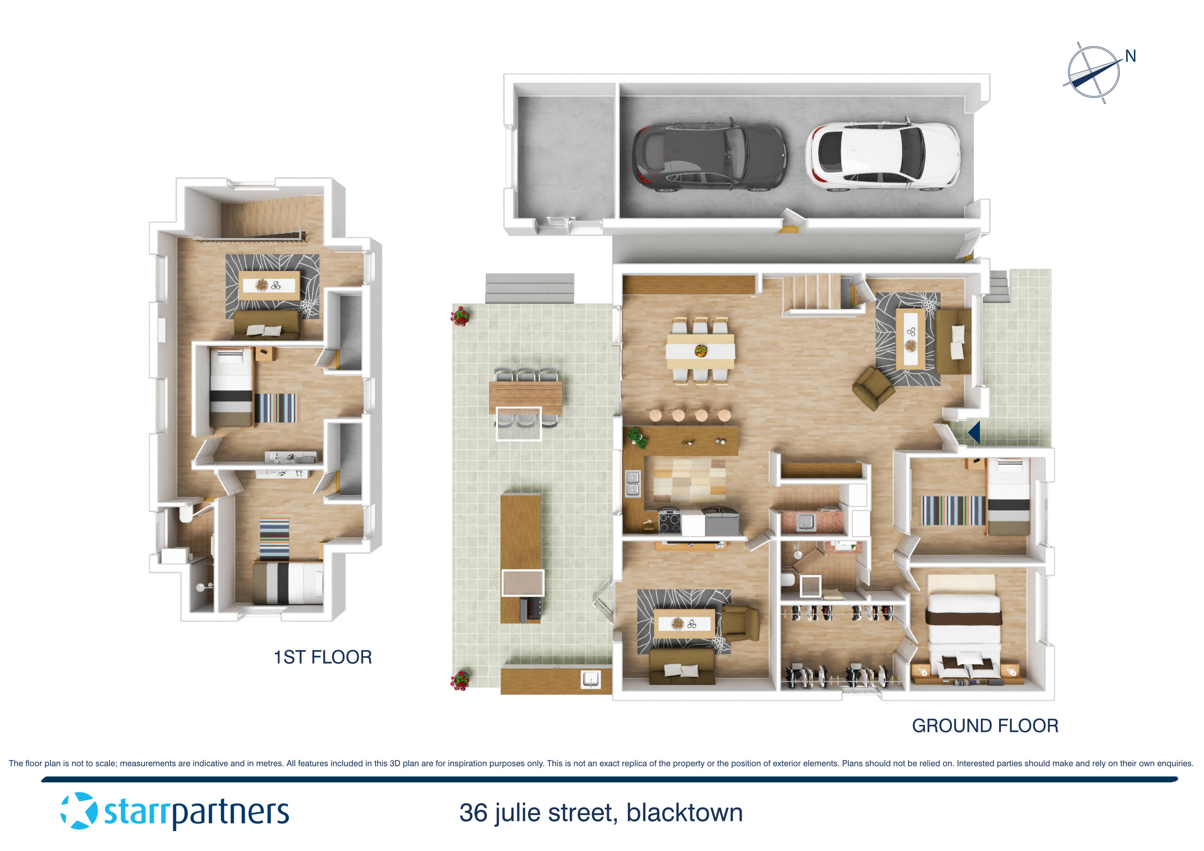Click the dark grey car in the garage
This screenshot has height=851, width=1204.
(709, 157)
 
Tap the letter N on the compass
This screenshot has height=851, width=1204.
(1130, 57)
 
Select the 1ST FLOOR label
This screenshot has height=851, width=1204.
(323, 657)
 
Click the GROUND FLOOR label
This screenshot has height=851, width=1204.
(985, 726)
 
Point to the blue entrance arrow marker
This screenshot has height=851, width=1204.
(974, 433)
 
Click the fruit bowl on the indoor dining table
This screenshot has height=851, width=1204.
(701, 350)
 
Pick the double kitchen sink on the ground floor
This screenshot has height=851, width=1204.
(633, 483)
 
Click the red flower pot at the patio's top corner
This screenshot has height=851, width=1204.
(460, 316)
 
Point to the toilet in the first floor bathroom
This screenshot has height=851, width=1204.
(186, 513)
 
